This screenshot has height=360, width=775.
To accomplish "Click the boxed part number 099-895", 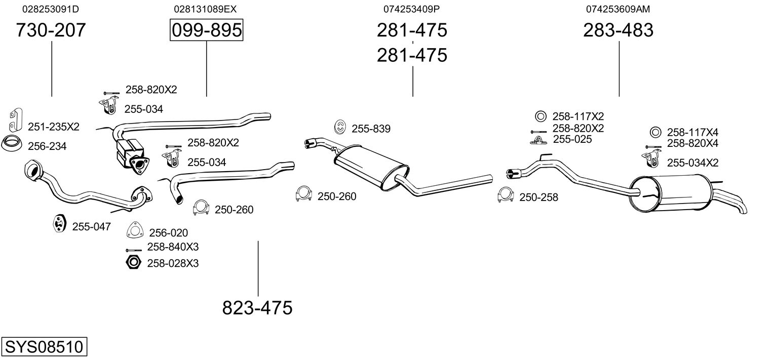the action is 206,30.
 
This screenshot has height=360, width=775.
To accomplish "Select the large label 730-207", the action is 51,30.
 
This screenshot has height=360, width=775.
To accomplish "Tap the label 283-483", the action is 618,30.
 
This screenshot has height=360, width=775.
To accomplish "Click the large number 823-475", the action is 257,307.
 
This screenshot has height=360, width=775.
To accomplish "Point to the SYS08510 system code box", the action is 44,346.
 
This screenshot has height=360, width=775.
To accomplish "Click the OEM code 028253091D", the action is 51,9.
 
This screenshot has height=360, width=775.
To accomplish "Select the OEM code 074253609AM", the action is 618,9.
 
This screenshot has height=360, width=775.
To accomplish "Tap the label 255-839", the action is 371,129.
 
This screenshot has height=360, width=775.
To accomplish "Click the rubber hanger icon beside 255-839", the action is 340,127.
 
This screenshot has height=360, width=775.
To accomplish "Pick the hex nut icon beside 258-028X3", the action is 133,262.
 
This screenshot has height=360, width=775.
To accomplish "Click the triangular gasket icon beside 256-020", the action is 135,230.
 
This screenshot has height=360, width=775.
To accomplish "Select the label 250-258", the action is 538,197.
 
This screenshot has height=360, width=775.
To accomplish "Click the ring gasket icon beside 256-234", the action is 11,144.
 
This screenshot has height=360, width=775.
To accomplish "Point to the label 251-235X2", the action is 54,127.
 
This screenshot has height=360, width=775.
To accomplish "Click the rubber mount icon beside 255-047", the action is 59,223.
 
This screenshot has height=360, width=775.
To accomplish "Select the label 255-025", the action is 572,139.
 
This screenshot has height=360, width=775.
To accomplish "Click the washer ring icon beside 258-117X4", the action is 655,132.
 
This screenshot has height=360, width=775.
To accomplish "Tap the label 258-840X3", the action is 173,247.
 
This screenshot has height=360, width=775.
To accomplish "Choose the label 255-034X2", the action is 692,163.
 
